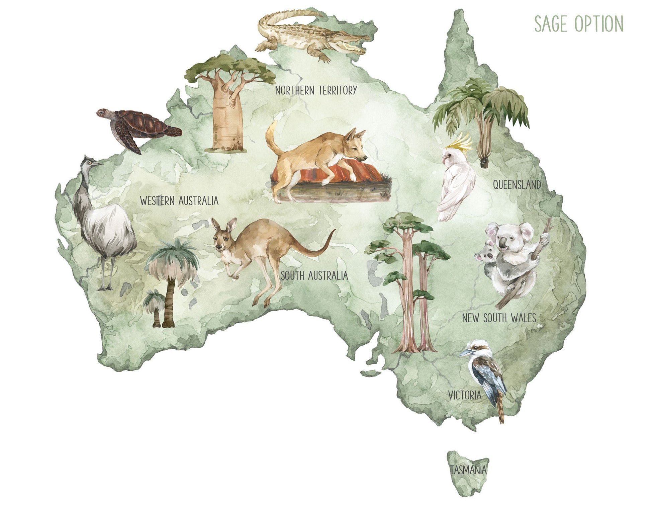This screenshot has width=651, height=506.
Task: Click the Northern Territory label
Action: pos(316,90)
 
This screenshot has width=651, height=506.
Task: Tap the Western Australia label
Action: pos(179,201)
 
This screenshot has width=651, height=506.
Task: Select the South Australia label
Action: pos(314,276)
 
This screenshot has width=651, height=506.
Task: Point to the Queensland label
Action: pos(517,185)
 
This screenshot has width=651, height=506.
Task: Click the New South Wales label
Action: pos(499,318)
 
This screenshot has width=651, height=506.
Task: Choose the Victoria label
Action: pos(465,396)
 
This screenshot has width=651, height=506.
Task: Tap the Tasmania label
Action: pos(468,470)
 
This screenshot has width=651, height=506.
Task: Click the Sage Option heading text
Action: pos(578,24)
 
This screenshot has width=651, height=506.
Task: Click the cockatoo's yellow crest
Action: pos(463,142)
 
